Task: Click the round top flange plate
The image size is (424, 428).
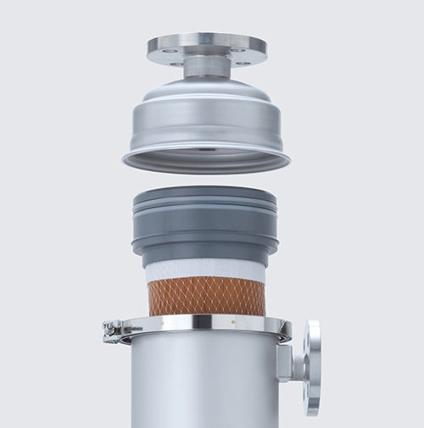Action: (x=206, y=43)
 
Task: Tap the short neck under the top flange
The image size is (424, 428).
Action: (x=205, y=68)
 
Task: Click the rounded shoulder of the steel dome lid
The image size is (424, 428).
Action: (x=206, y=95)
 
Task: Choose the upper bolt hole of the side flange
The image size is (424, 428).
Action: (x=315, y=334)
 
